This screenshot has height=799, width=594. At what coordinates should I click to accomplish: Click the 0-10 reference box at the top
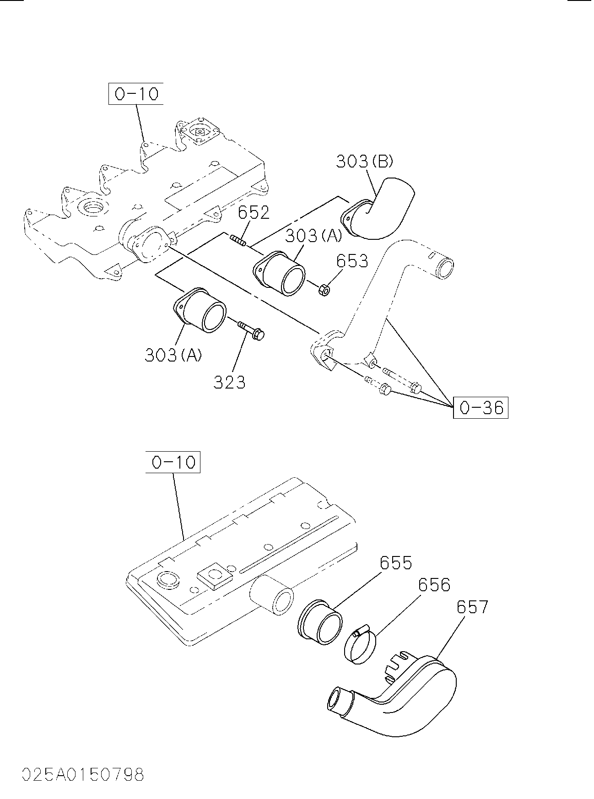[x=136, y=94]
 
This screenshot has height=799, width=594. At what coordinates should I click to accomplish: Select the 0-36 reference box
[x=481, y=407]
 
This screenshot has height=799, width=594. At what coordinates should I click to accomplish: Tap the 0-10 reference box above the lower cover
[x=173, y=462]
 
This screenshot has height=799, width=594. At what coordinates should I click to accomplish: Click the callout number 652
[x=254, y=212]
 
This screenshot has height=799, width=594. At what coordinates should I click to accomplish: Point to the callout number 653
[x=352, y=261]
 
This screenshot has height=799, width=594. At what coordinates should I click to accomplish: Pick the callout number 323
[x=229, y=382]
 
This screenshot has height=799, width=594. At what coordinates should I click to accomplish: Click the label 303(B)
[x=365, y=161]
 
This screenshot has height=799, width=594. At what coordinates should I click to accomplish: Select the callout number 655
[x=396, y=563]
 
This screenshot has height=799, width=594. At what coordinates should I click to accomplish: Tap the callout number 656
[x=434, y=585]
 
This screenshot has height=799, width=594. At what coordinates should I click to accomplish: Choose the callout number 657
[x=472, y=607]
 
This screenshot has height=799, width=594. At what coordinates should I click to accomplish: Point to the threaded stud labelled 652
[x=238, y=240]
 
